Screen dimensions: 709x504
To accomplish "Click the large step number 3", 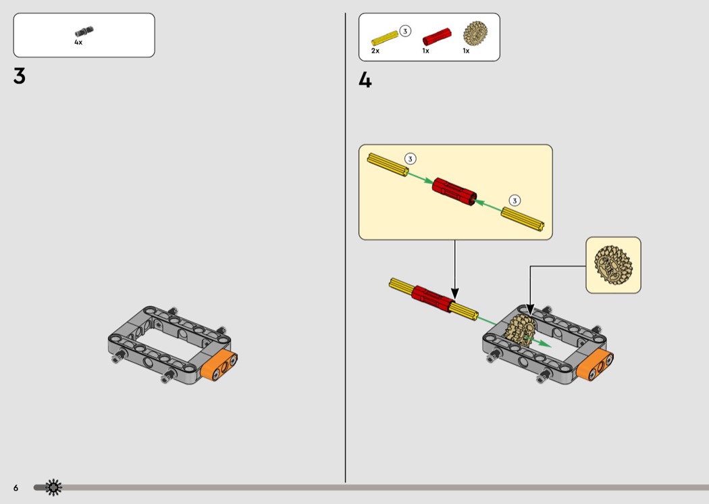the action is (x=20, y=76).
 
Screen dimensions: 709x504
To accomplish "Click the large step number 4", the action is (x=365, y=80).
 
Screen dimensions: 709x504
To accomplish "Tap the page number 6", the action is (x=16, y=488).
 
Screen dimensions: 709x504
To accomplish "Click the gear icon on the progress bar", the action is (x=53, y=487).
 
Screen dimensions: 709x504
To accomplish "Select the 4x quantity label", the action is (x=78, y=43).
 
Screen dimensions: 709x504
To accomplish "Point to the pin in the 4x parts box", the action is (x=84, y=32).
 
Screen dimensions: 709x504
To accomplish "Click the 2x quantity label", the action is (x=375, y=51).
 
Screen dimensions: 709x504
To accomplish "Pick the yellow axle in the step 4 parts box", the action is (x=384, y=38).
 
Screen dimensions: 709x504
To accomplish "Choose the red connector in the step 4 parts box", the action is (x=437, y=36).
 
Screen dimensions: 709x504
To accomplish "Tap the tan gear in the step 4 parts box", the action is (x=475, y=33).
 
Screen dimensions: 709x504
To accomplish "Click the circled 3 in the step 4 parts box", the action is (x=405, y=31).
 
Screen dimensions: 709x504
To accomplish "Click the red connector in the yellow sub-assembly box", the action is (x=454, y=192).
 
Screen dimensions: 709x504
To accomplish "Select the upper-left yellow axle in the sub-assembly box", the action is (x=388, y=165).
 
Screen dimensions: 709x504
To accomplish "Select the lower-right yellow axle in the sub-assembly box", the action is (x=522, y=219).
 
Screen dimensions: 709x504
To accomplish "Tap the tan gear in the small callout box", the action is (x=613, y=265).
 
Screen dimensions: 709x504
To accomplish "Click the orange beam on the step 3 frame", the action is (x=219, y=365).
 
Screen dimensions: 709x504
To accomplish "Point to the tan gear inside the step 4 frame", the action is (x=521, y=331).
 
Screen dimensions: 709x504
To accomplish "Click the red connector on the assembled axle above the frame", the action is (x=432, y=299).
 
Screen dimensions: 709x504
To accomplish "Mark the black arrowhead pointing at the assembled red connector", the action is (x=455, y=293).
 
